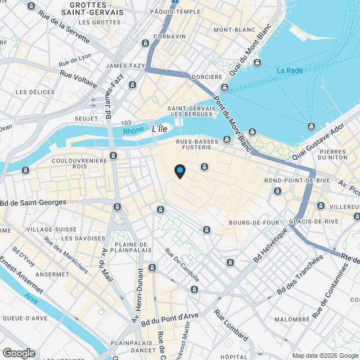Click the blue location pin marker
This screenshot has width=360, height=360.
coord(179,170)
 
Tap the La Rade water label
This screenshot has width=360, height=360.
coord(289,70)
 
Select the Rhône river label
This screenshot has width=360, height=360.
coord(133,131)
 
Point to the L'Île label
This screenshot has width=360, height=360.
coord(160,129)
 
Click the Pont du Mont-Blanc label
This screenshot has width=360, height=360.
coord(232,121)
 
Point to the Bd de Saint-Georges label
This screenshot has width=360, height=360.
coord(33,202)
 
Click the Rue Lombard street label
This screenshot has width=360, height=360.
coord(231,326)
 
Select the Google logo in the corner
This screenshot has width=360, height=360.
coord(19,353)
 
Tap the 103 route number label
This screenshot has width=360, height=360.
coord(125,123)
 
